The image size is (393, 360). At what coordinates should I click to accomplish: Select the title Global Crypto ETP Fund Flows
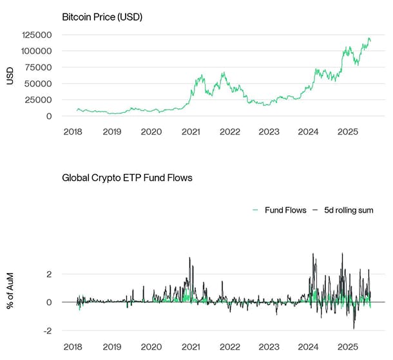[x=127, y=177]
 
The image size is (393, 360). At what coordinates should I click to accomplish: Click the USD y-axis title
[x=10, y=75]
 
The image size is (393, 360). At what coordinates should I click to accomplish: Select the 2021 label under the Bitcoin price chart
[x=191, y=131]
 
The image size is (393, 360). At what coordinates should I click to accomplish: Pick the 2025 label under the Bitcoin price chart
[x=347, y=131]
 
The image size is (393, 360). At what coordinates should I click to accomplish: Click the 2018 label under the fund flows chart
[x=72, y=346]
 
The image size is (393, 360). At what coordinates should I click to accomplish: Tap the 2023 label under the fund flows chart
[x=269, y=346]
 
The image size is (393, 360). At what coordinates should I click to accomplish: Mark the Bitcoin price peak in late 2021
[x=223, y=73]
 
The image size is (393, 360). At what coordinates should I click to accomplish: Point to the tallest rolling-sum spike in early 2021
[x=189, y=258]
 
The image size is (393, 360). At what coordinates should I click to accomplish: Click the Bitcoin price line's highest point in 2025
[x=369, y=38]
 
